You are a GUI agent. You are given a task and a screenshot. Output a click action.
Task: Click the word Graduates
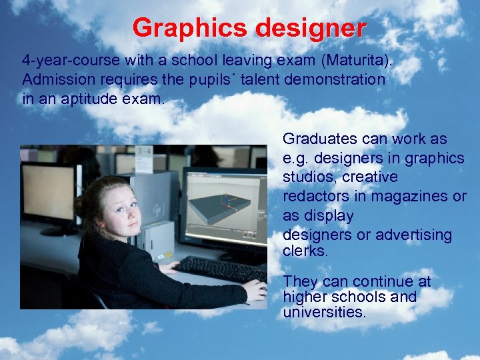click(x=319, y=139)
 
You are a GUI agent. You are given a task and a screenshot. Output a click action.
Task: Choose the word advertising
click(x=413, y=235)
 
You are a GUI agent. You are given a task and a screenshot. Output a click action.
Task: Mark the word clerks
click(x=305, y=252)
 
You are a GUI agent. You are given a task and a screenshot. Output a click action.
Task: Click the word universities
click(x=324, y=312)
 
